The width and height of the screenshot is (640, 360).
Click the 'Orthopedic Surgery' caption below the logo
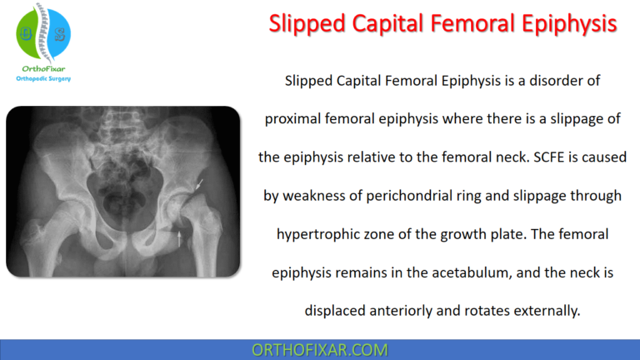(44, 79)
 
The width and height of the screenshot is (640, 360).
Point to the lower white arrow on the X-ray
(182, 241)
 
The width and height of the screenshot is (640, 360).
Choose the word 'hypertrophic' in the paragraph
(316, 234)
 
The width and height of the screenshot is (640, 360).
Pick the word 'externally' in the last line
(547, 311)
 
